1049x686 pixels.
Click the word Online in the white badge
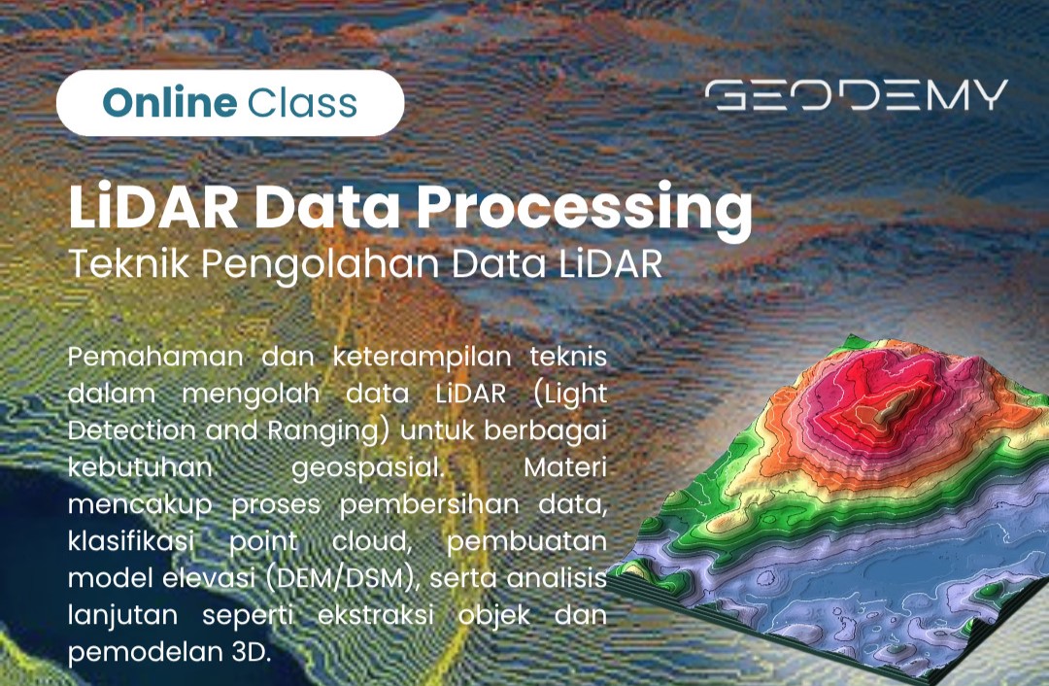pos(170,102)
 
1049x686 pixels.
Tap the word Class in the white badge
pos(302,102)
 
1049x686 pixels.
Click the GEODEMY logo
pos(857,95)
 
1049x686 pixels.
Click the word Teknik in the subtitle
pos(129,263)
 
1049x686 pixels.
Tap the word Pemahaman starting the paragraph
pos(155,356)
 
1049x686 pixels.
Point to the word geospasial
pos(367,467)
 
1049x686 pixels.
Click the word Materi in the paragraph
pos(565,467)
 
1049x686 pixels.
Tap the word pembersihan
pos(429,504)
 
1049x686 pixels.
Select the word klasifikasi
pos(131,541)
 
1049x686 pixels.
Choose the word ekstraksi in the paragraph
pos(375,615)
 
